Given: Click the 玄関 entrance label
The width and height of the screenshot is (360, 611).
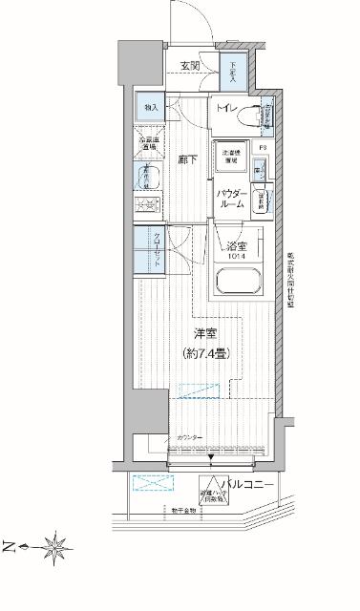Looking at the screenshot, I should click(x=188, y=66).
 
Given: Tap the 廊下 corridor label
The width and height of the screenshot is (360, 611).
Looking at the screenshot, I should click(x=187, y=161).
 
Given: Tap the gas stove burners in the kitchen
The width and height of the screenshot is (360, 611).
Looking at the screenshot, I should click(x=148, y=205).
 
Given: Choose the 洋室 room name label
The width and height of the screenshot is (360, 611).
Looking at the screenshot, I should click(x=205, y=333).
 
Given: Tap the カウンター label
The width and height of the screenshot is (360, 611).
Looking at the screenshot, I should click(x=188, y=437).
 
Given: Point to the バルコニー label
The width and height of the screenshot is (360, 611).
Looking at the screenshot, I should click(x=250, y=486).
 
